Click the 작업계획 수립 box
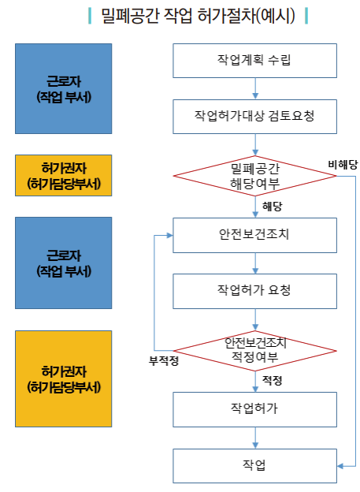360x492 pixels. (x=254, y=61)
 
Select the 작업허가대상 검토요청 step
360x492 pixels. (x=254, y=117)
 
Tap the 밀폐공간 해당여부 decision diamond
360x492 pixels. (x=254, y=176)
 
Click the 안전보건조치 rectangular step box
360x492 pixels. (x=254, y=235)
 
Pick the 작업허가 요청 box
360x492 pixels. (x=254, y=291)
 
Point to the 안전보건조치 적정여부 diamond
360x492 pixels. (x=254, y=351)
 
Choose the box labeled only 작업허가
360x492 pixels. (x=254, y=409)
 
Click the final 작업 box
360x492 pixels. (x=254, y=466)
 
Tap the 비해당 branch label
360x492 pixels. (x=343, y=165)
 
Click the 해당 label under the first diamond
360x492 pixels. (x=273, y=207)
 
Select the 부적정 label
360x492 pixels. (x=164, y=361)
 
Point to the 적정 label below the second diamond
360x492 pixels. (x=273, y=381)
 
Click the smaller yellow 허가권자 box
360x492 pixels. (x=63, y=175)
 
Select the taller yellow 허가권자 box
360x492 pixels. (x=63, y=378)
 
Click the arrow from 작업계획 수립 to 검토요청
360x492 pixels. (x=255, y=89)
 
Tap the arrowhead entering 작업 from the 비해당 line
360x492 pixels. (x=340, y=466)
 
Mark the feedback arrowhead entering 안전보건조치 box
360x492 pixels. (x=169, y=235)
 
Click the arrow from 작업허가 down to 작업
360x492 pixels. (x=255, y=438)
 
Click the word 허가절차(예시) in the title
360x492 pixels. (x=246, y=16)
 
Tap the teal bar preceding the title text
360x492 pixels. (x=90, y=16)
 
